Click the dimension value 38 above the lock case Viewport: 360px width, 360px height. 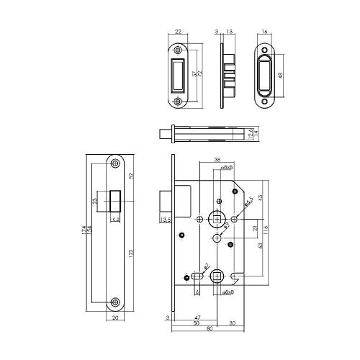(x=216, y=161)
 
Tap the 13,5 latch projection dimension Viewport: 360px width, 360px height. (x=165, y=221)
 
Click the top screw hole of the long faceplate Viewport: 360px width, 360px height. (x=116, y=165)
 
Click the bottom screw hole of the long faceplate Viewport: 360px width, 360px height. (x=116, y=301)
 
